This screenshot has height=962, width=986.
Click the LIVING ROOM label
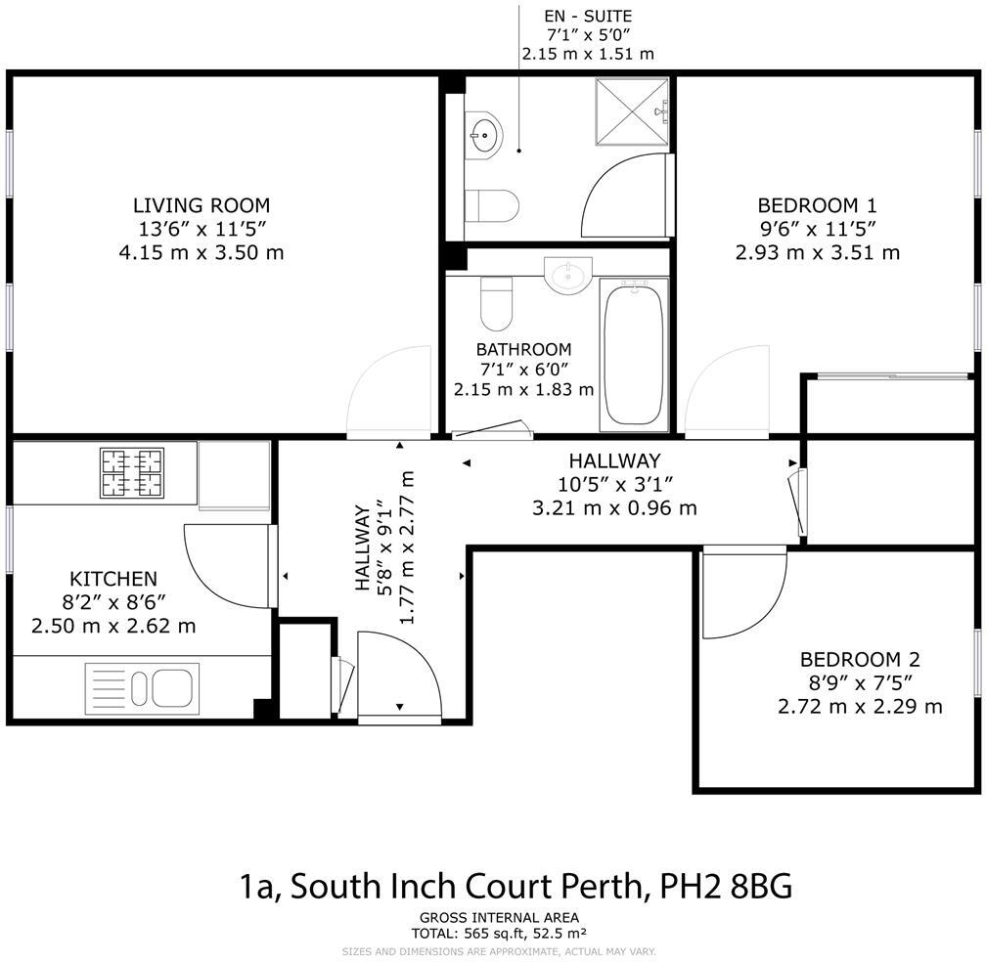point(201,205)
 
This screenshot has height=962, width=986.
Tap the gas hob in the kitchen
point(131,472)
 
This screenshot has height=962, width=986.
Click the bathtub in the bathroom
point(634,353)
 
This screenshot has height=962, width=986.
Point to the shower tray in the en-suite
point(632,112)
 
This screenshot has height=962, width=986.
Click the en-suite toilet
point(490,205)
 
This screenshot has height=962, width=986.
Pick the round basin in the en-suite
point(484,135)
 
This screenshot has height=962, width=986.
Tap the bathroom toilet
point(497,303)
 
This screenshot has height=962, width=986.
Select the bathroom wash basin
point(568,275)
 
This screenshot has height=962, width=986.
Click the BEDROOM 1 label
point(817,205)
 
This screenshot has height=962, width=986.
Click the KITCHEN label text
point(112,579)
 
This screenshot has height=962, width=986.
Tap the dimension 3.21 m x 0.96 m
point(614,507)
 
